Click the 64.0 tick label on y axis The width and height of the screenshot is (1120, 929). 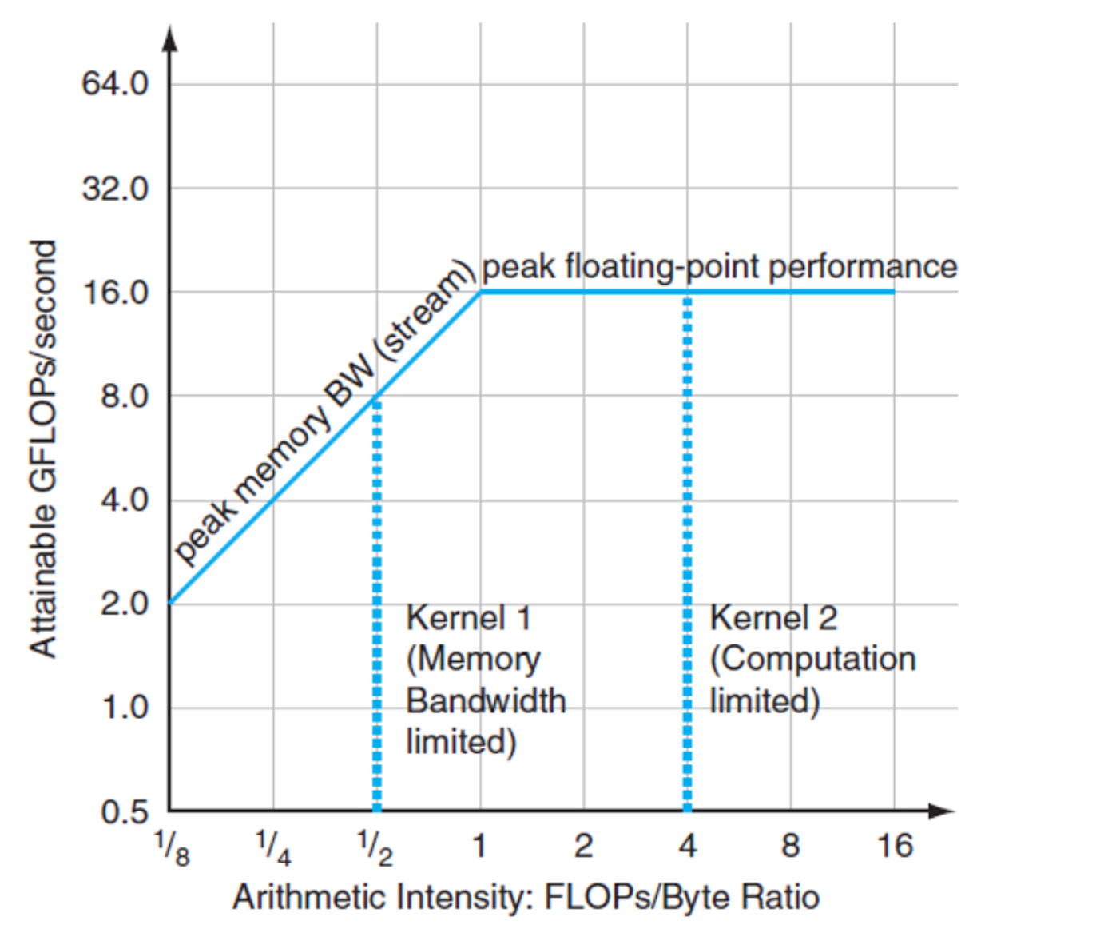click(x=115, y=84)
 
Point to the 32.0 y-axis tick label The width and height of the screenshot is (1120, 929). click(x=115, y=189)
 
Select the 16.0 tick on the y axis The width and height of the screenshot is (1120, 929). click(x=115, y=293)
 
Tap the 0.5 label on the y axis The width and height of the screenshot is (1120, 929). click(x=125, y=812)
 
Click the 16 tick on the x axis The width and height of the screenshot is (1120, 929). click(x=894, y=846)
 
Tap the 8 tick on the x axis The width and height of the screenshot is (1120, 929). click(x=790, y=846)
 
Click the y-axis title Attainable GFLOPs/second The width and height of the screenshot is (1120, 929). click(x=43, y=449)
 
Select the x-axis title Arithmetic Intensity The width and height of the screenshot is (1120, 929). click(x=526, y=897)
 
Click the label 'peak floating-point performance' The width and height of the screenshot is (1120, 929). click(x=719, y=267)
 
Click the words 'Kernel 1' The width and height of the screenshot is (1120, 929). click(x=468, y=618)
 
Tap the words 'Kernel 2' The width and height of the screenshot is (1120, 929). click(x=773, y=618)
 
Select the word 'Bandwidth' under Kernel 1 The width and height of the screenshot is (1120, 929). click(x=486, y=701)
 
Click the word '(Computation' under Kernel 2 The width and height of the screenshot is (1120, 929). click(x=812, y=660)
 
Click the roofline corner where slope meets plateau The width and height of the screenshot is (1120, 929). click(x=480, y=292)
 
